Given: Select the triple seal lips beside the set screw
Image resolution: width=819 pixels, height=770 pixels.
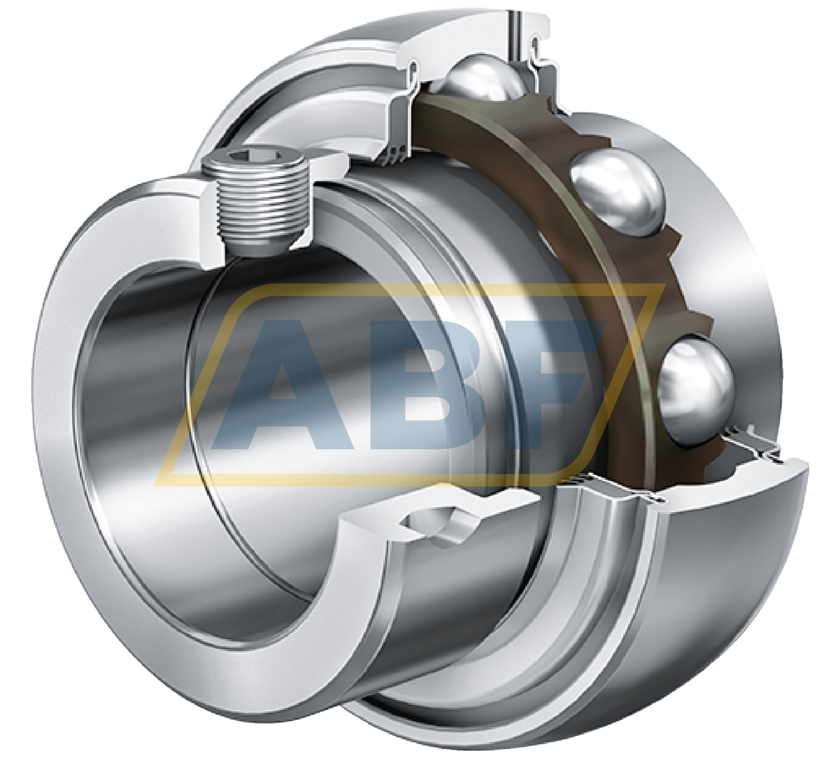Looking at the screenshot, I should click(x=393, y=153).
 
